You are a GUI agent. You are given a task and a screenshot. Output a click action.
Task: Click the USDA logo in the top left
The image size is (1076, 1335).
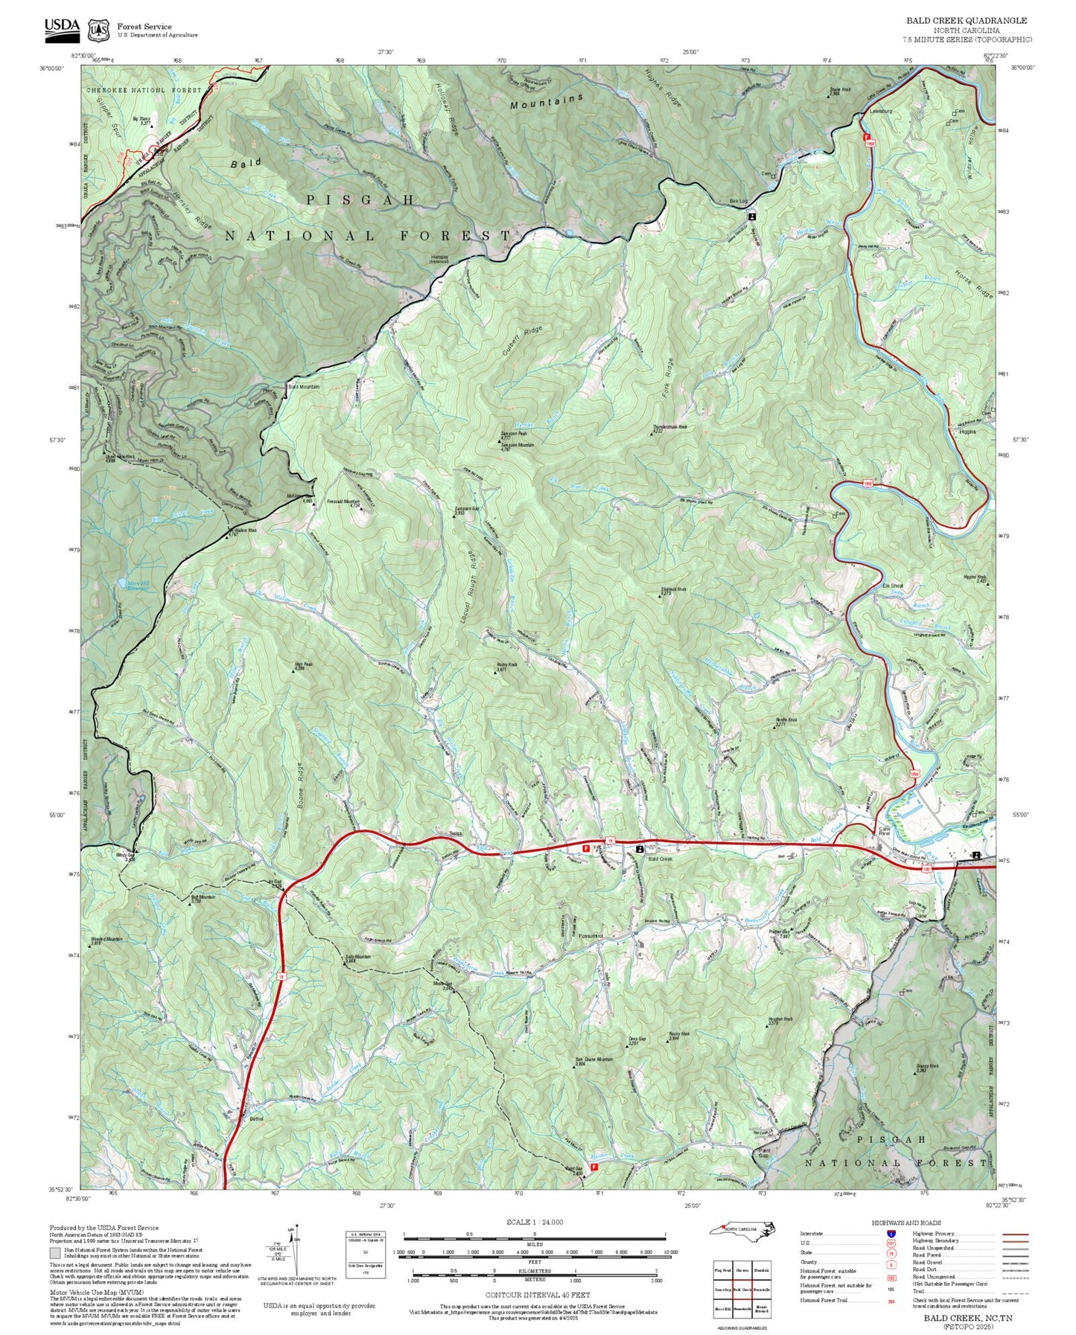[62, 28]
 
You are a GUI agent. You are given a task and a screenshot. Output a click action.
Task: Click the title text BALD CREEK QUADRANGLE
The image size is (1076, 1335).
[966, 21]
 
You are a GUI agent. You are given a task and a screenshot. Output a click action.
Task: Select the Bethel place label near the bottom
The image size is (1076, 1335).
[256, 1118]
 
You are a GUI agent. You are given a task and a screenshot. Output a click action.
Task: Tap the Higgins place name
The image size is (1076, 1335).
[967, 432]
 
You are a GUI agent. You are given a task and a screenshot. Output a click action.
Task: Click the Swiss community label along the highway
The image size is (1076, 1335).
[456, 833]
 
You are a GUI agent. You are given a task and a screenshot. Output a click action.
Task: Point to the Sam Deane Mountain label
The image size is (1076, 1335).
[593, 1060]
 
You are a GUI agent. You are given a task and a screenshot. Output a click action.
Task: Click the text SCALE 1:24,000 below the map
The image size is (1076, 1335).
[534, 1222]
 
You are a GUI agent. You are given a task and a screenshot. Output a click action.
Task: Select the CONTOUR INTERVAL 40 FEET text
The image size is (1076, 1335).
[534, 1295]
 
